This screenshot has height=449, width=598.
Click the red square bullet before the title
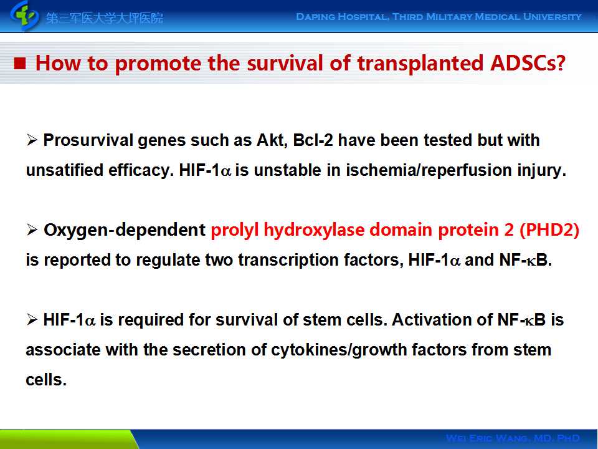coord(20,64)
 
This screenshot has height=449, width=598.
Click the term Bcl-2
coord(313,140)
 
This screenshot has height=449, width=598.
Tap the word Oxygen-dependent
coord(125,230)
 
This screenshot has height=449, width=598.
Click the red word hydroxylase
coord(314,230)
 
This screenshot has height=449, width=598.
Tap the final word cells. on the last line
coord(46,380)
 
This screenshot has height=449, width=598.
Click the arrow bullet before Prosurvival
coord(32,140)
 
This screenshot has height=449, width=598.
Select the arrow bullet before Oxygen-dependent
coord(32,230)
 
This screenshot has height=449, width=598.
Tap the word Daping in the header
coord(315,17)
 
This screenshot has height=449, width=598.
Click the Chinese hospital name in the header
coord(105,17)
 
